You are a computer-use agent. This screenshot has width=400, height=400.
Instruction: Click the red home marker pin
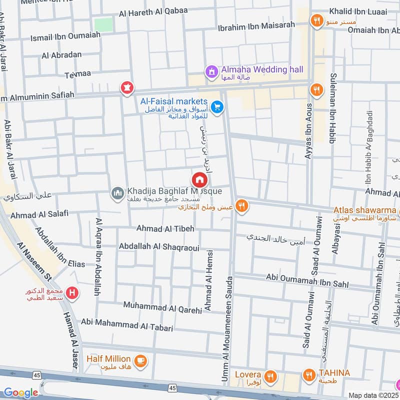pos(199,179)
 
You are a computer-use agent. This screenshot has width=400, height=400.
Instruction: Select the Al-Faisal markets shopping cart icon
pos(216,107)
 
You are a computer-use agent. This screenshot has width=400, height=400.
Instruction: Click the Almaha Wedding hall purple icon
pos(211,71)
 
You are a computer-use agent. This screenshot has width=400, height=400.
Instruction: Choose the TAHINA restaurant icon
pos(308,374)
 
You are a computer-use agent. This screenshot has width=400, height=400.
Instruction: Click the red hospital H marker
pos(72,292)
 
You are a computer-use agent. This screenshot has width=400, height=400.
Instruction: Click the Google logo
pos(20,393)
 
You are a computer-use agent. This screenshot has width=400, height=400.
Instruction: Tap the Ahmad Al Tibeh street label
pos(165,228)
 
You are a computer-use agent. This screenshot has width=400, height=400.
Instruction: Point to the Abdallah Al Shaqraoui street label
pos(159,247)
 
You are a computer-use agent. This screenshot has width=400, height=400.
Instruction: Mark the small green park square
pos(103,24)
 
